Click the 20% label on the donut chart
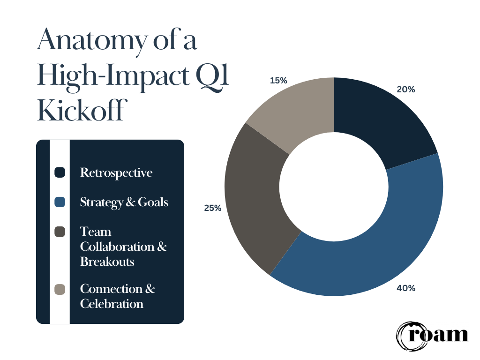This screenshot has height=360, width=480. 406,90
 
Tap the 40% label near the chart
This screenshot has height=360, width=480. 406,288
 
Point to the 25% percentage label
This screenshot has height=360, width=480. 213,208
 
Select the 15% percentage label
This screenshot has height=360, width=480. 278,81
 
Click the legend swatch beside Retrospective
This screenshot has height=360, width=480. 60,172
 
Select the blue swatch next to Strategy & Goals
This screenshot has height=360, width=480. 60,202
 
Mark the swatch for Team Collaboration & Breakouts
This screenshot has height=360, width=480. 60,232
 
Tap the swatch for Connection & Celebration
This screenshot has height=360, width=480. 60,289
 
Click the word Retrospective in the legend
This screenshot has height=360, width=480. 116,173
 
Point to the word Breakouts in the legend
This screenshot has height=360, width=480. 107,262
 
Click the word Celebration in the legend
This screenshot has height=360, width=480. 112,304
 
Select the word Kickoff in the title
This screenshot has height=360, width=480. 82,111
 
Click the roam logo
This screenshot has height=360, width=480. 432,335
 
